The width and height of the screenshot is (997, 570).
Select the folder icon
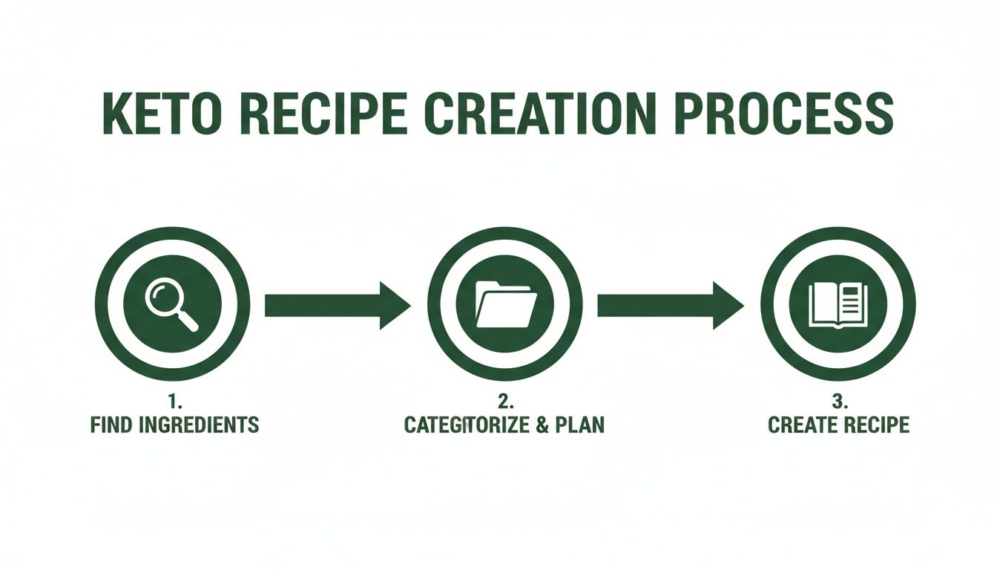(505, 304)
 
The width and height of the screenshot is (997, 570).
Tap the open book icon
(838, 304)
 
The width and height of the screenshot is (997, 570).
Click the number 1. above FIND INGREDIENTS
(175, 402)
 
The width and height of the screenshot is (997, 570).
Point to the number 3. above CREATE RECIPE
(839, 402)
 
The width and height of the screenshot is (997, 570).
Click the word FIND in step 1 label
(109, 425)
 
